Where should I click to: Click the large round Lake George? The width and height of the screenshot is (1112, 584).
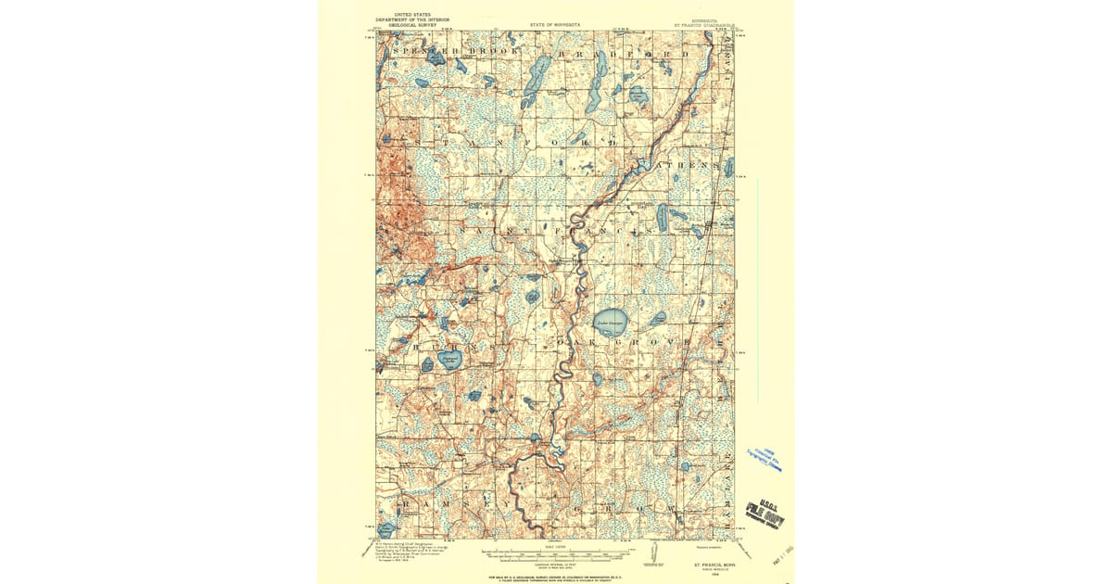pos(611,323)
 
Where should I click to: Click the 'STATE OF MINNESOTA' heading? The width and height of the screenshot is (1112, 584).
pos(556,25)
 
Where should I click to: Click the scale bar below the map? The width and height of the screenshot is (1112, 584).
pos(556,553)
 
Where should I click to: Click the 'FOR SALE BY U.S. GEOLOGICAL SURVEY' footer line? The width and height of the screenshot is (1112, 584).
pos(556,575)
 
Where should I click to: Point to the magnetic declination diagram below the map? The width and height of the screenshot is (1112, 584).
pos(654,553)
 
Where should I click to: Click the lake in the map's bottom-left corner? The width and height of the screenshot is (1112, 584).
pos(386,528)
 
